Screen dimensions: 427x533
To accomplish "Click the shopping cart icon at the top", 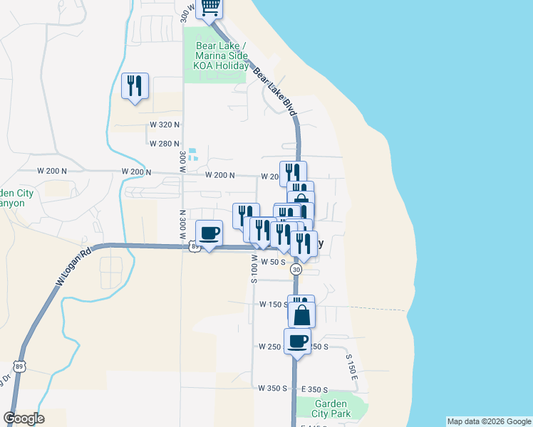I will (x=209, y=7).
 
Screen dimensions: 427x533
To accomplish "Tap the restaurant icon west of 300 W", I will (x=135, y=86).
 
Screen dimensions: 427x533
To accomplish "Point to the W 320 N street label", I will (x=165, y=125).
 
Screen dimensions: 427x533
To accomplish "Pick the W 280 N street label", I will (x=165, y=143).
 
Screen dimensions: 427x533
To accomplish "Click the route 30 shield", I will (x=296, y=270).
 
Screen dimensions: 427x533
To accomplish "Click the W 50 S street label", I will (x=273, y=262).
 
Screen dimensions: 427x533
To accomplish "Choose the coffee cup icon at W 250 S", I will (x=297, y=341).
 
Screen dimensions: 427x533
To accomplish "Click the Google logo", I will (x=24, y=418).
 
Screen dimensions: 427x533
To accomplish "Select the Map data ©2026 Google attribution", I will (x=488, y=421).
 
